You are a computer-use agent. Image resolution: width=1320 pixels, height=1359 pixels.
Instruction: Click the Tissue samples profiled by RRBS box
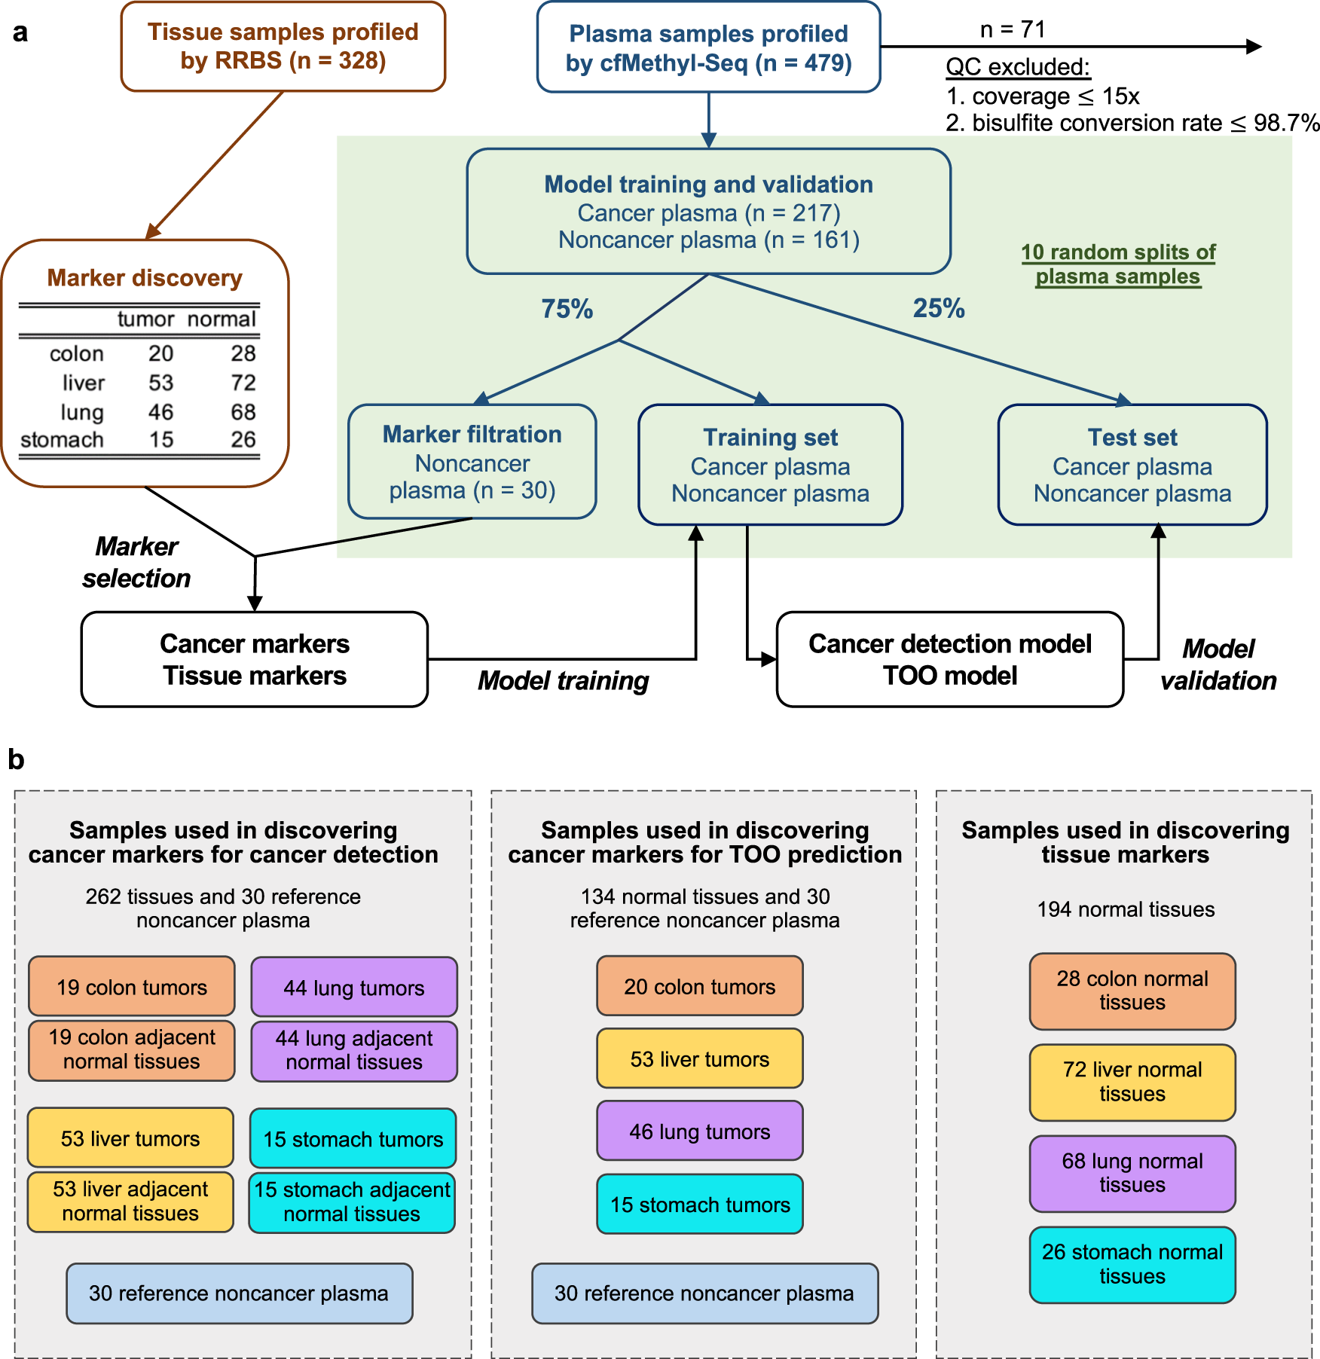click(283, 47)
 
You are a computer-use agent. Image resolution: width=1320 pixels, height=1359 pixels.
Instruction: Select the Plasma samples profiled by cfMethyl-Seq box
click(708, 47)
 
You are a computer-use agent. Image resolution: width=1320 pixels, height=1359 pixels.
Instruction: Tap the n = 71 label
click(1012, 29)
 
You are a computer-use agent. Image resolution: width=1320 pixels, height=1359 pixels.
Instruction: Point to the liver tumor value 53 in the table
click(160, 383)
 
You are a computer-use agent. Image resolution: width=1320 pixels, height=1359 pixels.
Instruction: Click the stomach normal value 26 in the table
click(243, 439)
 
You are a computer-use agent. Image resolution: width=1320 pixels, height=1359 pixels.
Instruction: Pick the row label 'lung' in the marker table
click(82, 412)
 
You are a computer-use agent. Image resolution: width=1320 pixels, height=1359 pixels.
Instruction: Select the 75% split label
click(567, 309)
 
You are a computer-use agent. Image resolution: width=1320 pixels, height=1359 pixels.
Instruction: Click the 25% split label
click(938, 308)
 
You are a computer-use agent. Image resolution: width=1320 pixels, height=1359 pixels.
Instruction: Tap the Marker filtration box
click(472, 462)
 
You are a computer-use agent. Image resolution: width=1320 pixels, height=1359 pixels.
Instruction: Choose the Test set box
click(1132, 465)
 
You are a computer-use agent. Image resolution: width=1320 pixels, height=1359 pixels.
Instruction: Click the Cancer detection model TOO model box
click(949, 659)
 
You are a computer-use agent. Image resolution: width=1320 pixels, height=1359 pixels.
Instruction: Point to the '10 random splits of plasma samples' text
click(1118, 264)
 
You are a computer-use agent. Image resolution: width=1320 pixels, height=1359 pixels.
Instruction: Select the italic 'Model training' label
click(563, 680)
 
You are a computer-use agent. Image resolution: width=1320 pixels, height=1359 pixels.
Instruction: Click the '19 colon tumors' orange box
click(132, 987)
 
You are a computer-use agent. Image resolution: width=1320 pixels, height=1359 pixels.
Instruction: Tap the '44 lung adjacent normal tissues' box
click(354, 1050)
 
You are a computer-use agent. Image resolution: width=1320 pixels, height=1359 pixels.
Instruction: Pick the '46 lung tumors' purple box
click(700, 1131)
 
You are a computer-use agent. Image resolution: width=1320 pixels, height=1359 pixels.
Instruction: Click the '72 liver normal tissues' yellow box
click(1132, 1082)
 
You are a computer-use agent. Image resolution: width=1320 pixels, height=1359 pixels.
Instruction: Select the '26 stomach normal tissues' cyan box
click(1132, 1264)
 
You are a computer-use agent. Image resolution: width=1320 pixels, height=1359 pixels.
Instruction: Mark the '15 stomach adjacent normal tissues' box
click(352, 1202)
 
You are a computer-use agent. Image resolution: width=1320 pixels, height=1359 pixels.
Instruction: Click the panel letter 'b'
click(16, 760)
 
